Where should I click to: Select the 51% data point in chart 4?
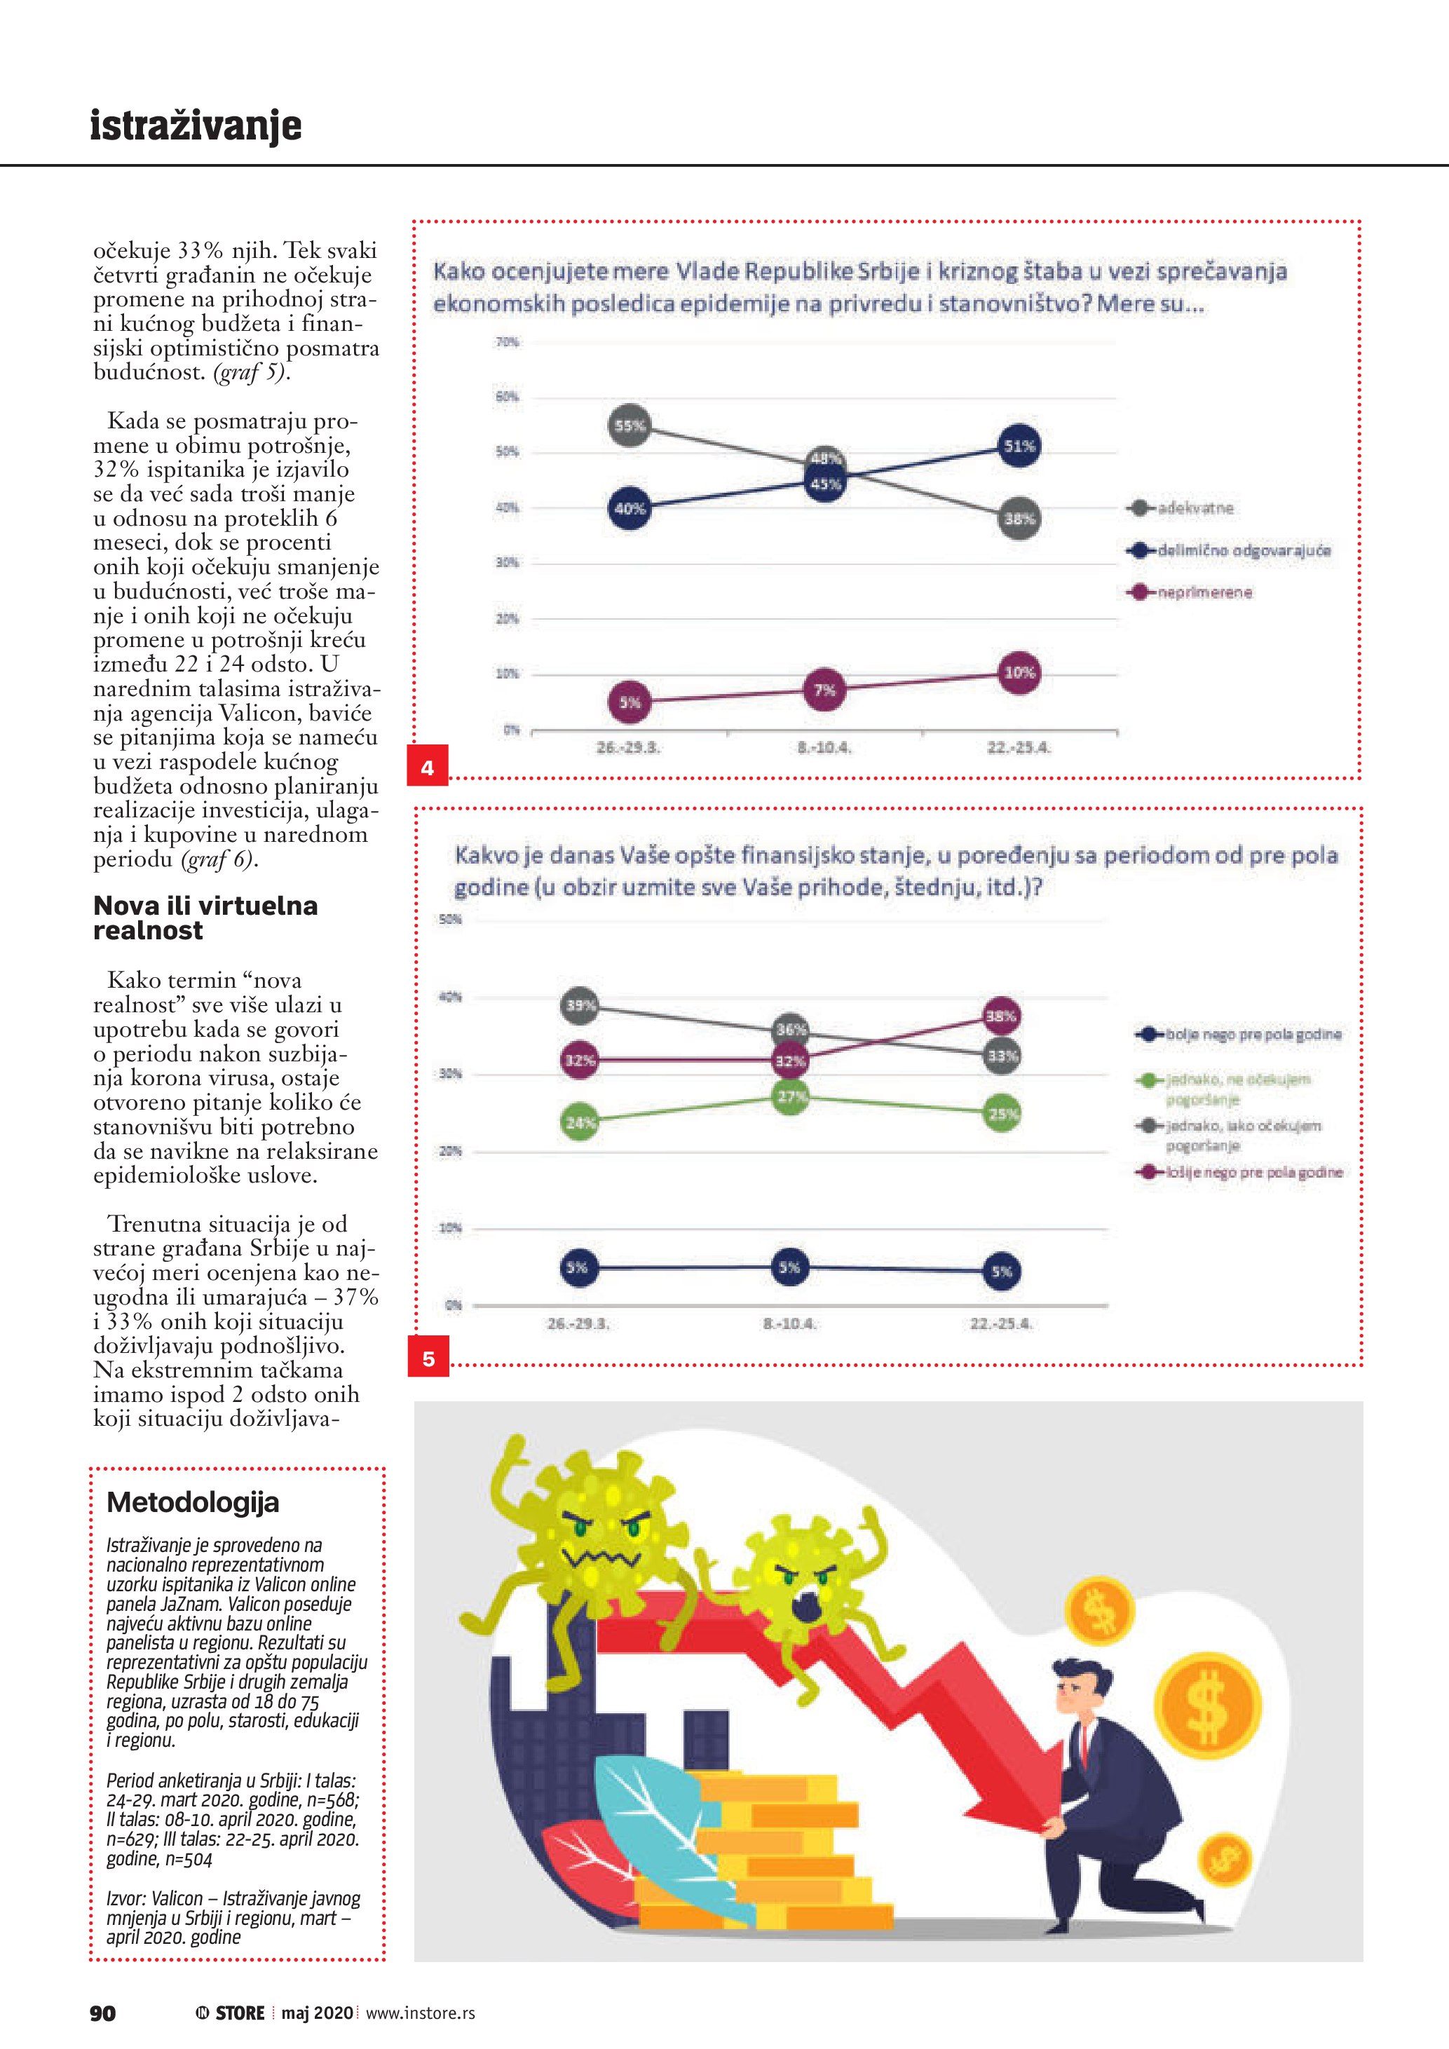click(x=1019, y=445)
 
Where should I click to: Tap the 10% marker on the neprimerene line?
click(x=1019, y=672)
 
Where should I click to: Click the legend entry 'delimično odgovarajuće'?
click(x=1243, y=550)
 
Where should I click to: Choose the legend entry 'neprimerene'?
click(x=1204, y=592)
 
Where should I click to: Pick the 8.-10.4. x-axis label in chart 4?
click(x=824, y=748)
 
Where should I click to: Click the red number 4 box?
click(x=428, y=767)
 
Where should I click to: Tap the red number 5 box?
click(x=428, y=1359)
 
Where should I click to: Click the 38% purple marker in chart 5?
click(x=1001, y=1016)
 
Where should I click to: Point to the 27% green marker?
click(x=791, y=1097)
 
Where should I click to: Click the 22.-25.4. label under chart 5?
click(x=1001, y=1324)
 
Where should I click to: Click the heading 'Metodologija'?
click(x=193, y=1503)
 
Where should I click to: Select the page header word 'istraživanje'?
click(x=196, y=126)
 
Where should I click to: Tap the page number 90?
click(x=102, y=2013)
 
